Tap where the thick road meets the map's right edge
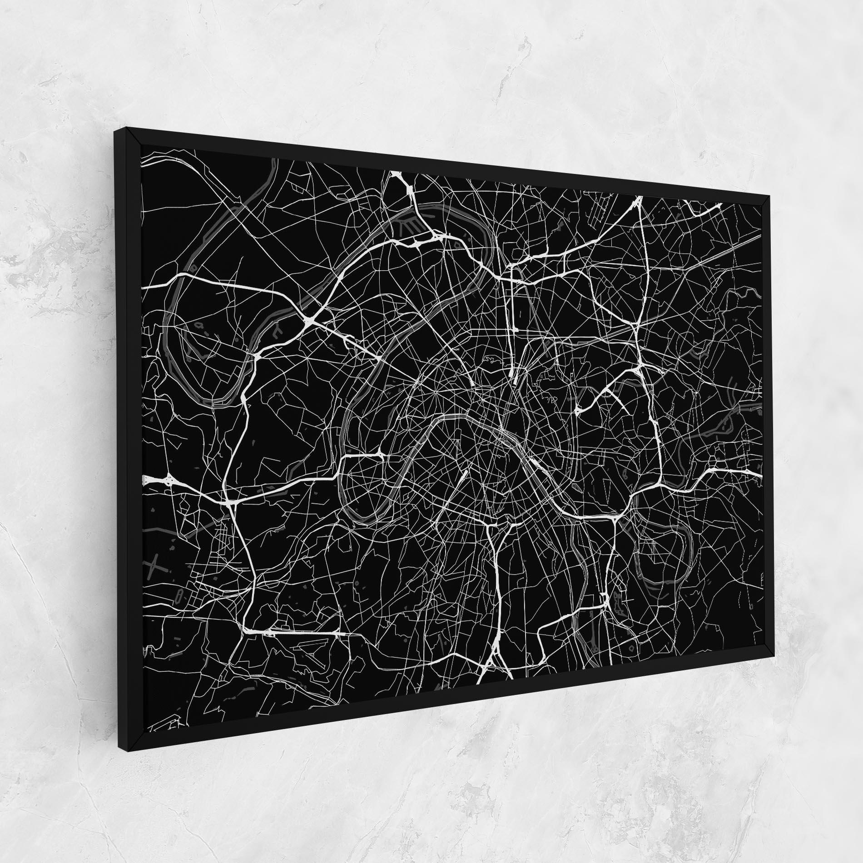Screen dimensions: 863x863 pyautogui.click(x=759, y=475)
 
